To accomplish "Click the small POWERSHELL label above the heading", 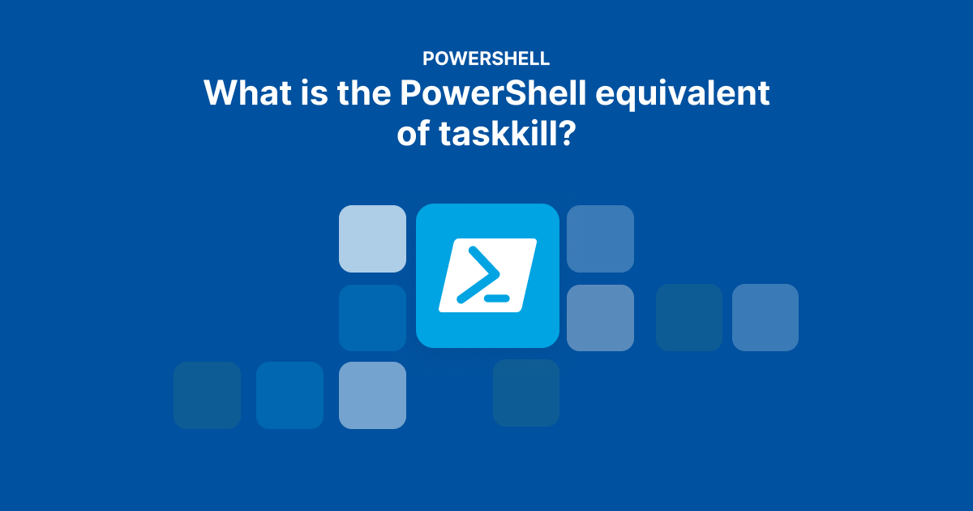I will point(486,58).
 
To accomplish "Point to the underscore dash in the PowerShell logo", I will point(496,298).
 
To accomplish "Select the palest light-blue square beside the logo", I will point(372,238).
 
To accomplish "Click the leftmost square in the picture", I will point(207,395).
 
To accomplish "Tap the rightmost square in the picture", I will point(765,317).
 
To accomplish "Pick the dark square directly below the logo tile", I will point(526,393).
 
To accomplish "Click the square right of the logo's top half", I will point(600,238).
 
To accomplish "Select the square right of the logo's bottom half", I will point(600,317).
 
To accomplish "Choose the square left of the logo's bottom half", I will point(372,317).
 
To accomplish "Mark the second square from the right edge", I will point(689,317).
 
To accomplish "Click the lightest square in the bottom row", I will point(372,395).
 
